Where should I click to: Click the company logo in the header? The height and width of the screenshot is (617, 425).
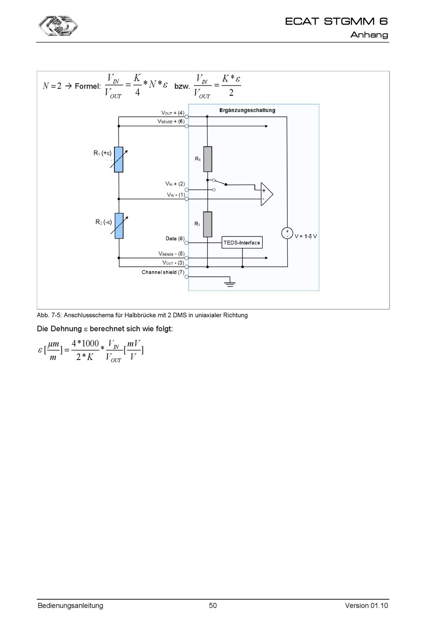tap(58, 26)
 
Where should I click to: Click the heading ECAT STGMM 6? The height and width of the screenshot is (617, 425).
tap(336, 21)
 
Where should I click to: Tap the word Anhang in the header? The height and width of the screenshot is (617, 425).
tap(369, 35)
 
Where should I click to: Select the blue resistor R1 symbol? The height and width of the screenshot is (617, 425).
tap(119, 159)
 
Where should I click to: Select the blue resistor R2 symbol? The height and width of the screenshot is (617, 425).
tap(119, 226)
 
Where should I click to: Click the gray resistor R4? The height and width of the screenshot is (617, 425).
tap(208, 159)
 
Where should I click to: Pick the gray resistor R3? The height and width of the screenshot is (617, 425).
tap(208, 224)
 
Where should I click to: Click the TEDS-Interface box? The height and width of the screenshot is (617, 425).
tap(242, 242)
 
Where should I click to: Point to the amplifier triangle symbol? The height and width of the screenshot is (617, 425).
tap(267, 194)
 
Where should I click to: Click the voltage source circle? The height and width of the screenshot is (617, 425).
tap(287, 233)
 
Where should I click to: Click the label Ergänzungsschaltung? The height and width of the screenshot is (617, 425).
tap(247, 110)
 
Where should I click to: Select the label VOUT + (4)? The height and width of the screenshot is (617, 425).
tap(173, 113)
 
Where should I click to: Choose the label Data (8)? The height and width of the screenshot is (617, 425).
tap(175, 239)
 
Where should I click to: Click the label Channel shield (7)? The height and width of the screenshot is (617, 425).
tap(163, 272)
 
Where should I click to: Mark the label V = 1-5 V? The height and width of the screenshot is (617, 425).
tap(306, 236)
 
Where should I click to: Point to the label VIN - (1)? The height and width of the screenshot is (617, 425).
tap(176, 195)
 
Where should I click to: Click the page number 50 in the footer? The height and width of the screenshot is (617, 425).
tap(213, 605)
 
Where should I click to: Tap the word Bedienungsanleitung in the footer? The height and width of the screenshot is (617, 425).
tap(71, 605)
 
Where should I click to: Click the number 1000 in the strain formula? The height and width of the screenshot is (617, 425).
tap(90, 343)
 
